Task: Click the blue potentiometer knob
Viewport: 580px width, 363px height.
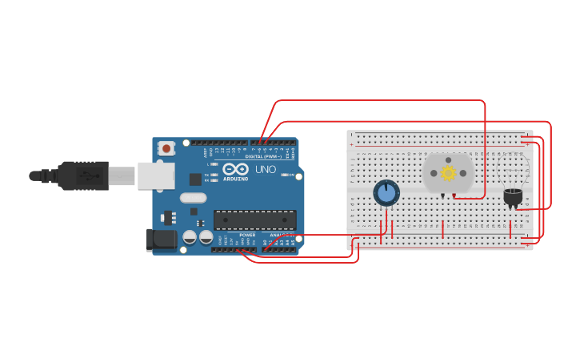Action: pos(386,193)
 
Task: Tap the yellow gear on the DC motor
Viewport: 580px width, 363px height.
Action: pos(448,173)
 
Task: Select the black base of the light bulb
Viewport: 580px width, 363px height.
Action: pos(513,196)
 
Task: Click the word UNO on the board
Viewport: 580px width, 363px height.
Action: pos(265,171)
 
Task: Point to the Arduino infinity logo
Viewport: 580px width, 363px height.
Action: pos(235,169)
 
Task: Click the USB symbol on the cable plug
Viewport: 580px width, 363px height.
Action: pos(83,175)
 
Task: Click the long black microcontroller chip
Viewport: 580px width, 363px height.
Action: pos(254,220)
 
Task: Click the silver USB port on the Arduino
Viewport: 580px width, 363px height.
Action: pos(155,175)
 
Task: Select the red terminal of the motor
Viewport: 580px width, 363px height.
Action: pos(454,195)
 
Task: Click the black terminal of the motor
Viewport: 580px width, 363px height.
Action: pos(442,195)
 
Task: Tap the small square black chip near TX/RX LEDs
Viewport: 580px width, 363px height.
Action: pos(195,179)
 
